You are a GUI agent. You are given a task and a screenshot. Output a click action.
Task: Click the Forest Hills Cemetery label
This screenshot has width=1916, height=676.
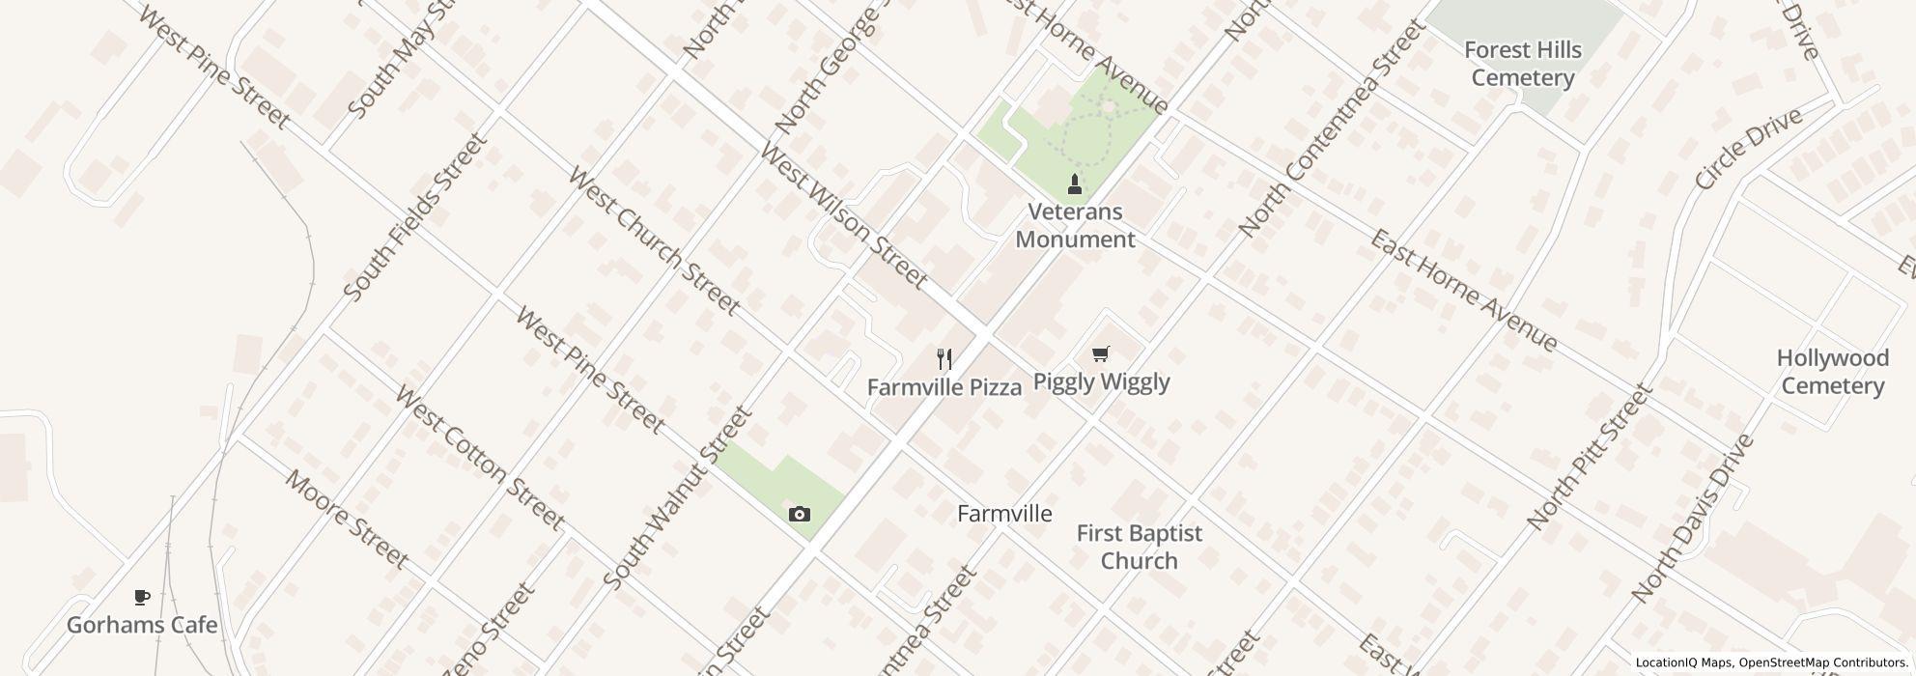point(1522,64)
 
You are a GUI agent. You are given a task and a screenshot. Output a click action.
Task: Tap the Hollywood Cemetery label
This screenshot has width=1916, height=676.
point(1832,372)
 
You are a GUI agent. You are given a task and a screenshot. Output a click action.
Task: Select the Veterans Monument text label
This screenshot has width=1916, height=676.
point(1075,225)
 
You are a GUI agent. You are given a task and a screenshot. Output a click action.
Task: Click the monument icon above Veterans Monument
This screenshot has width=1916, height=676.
point(1073,183)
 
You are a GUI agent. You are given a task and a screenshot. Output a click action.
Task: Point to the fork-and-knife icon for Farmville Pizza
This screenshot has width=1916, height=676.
point(944,360)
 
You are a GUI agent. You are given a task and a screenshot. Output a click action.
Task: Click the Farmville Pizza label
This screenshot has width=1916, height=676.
point(944,387)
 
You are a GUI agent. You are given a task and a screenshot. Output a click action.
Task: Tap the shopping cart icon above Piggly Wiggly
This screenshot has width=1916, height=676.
point(1100,354)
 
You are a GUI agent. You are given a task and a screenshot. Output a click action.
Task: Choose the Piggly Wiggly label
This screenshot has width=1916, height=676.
point(1101,381)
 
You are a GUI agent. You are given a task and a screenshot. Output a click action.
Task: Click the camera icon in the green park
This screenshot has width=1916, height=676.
point(799,514)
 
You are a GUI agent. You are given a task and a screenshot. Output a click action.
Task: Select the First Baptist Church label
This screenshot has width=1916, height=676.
point(1139,547)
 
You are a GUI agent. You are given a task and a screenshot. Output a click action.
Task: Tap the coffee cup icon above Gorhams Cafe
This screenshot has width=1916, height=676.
point(142,598)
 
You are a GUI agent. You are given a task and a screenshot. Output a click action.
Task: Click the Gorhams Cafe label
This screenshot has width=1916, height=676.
point(142,625)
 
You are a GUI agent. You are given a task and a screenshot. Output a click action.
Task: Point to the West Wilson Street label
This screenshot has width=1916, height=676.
point(842,216)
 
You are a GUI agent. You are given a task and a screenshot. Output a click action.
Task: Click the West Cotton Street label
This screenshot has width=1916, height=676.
point(479,459)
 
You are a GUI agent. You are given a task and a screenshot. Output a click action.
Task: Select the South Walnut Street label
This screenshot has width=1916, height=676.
point(677,497)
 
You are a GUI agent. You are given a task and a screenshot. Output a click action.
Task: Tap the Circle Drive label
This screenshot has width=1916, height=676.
point(1748,150)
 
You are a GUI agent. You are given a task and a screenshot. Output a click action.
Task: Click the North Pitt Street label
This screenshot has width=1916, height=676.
point(1589,457)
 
